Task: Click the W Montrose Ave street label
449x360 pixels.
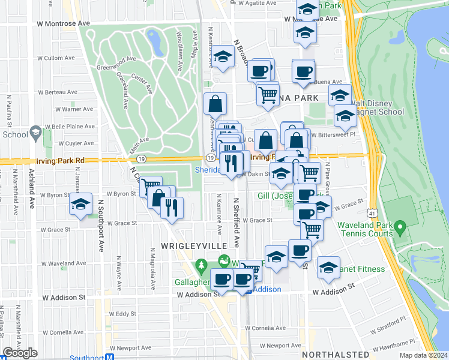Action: pyautogui.click(x=59, y=23)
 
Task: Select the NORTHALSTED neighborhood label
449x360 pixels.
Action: pyautogui.click(x=336, y=355)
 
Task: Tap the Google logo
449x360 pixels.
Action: pyautogui.click(x=20, y=353)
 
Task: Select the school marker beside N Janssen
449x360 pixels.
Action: pyautogui.click(x=80, y=205)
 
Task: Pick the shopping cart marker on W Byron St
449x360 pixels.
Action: pyautogui.click(x=151, y=187)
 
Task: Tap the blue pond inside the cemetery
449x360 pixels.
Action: pyautogui.click(x=154, y=41)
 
